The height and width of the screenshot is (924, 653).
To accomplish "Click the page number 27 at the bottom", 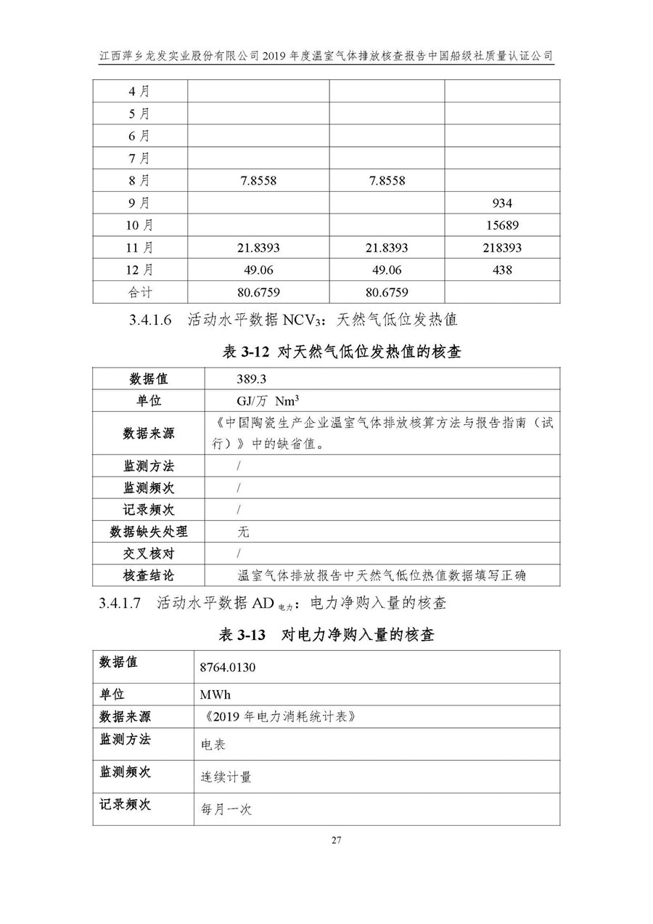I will pos(336,840).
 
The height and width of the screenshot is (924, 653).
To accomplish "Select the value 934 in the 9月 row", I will pos(501,203).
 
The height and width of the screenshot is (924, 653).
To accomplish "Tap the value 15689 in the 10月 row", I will pos(501,226).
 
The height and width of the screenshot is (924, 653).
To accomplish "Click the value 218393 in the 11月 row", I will pos(501,248).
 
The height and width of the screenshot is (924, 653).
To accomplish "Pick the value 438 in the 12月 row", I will pos(501,270).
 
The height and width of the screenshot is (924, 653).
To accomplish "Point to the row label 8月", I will pos(139,181).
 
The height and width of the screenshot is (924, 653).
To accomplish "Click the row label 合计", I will pos(139,293).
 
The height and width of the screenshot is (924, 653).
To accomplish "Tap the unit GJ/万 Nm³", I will pos(268,401).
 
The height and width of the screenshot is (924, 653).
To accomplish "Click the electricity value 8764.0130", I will pos(228,667).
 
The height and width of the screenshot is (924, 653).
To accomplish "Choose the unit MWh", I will pos(215,694).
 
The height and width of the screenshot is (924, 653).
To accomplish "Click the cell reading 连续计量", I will pos(226,777).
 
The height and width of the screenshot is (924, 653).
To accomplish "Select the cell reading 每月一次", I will pos(226,809).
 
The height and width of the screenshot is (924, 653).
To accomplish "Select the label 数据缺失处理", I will pos(149,532).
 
